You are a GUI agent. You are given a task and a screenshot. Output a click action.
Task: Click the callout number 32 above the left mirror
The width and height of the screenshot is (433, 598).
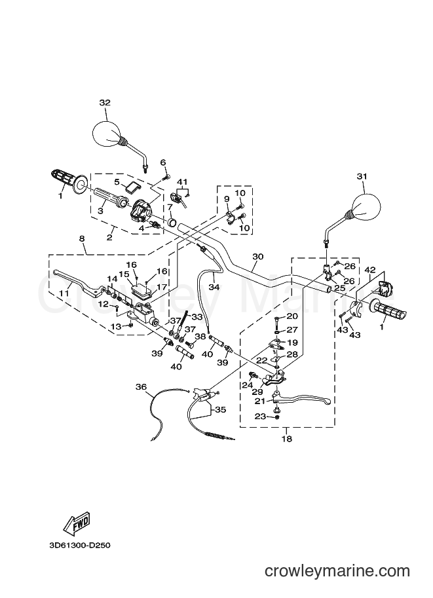coord(105,103)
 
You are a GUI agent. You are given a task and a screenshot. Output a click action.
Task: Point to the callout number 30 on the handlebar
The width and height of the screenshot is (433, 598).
coord(258,256)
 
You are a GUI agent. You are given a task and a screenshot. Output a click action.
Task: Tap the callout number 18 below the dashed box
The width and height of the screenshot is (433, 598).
coord(287,439)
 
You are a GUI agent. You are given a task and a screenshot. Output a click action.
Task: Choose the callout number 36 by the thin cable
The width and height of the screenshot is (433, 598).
coord(141,387)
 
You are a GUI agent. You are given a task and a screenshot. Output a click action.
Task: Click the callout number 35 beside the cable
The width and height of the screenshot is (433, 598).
coord(221,410)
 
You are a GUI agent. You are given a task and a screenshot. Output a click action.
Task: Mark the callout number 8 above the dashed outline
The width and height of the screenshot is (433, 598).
coord(82,238)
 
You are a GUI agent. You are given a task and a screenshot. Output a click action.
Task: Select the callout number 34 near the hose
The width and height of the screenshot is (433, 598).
coord(214,286)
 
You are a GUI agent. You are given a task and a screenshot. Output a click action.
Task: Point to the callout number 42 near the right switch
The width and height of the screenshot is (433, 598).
coord(369,270)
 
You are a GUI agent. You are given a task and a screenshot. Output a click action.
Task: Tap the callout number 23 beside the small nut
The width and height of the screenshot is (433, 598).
coord(260,417)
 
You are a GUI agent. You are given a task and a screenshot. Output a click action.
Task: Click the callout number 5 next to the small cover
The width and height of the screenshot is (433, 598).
coord(117,182)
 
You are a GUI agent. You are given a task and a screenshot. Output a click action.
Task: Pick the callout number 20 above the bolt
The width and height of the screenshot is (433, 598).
coord(292,316)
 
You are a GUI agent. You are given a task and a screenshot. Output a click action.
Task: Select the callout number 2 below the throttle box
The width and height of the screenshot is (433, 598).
coord(109,238)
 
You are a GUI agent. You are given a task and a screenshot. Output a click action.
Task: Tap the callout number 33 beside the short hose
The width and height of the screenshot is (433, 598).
coord(197,316)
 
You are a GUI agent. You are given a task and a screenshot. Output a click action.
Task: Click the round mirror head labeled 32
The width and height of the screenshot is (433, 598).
coord(108,134)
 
